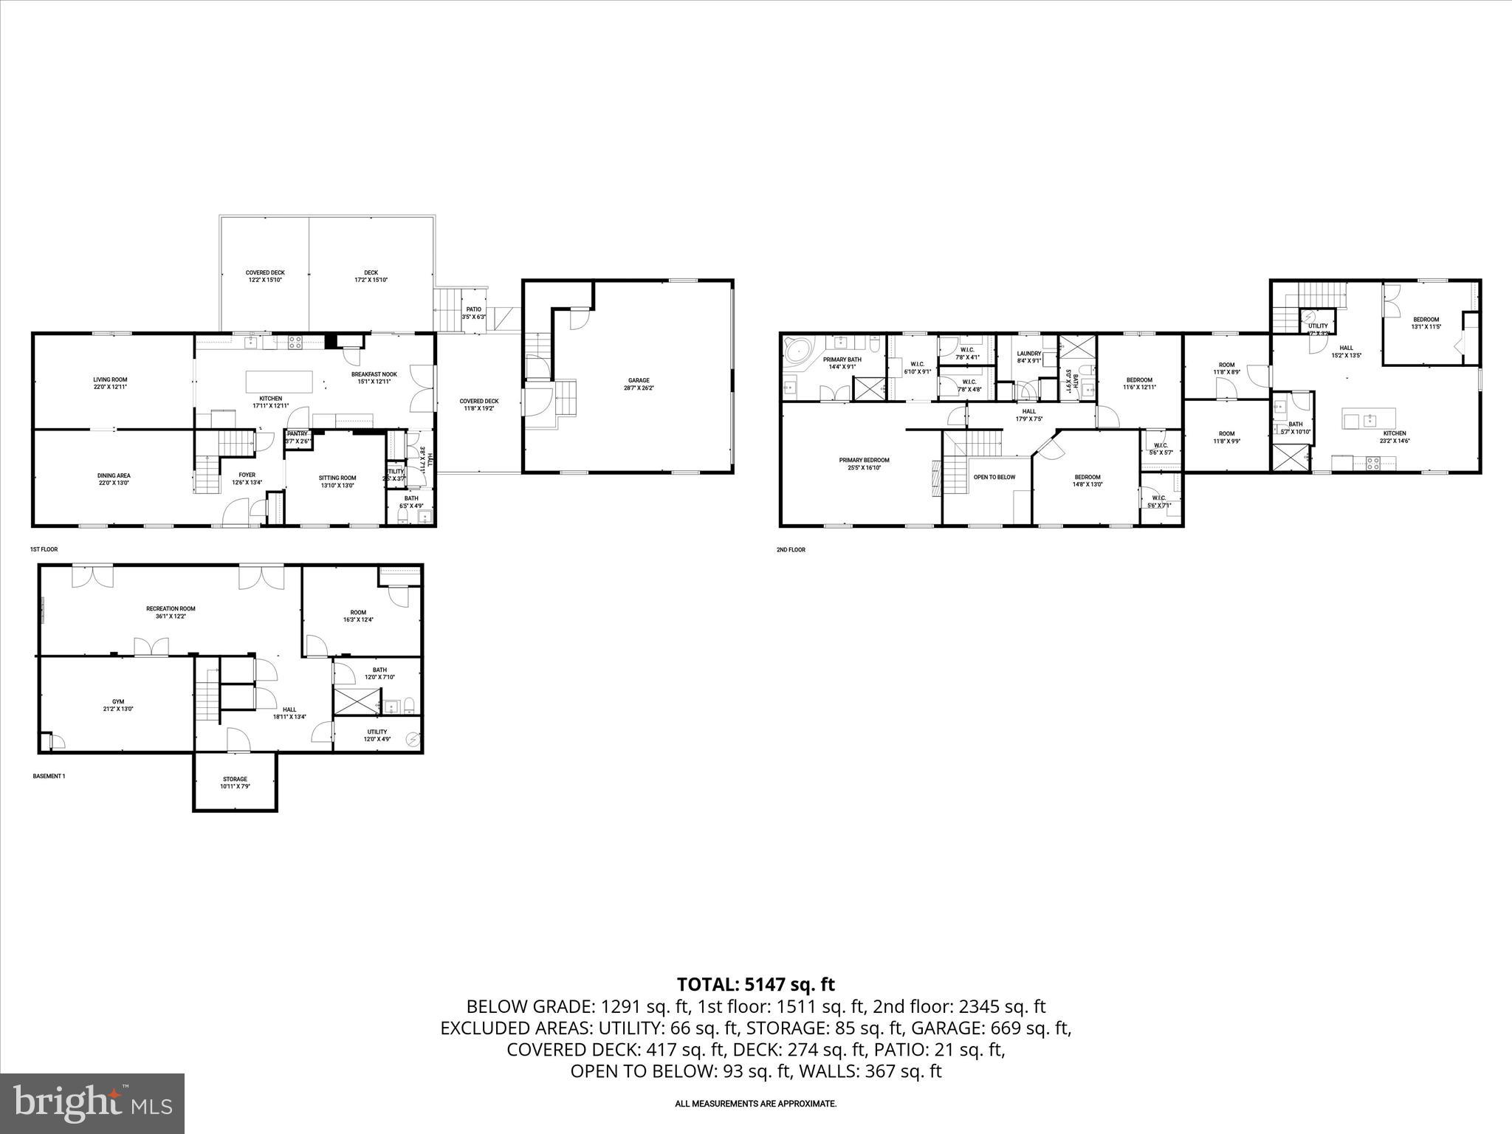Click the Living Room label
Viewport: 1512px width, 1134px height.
pyautogui.click(x=110, y=382)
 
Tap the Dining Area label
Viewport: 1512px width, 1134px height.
pyautogui.click(x=114, y=478)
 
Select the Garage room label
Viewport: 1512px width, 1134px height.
pyautogui.click(x=639, y=384)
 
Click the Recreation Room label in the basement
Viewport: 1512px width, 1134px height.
pyautogui.click(x=171, y=612)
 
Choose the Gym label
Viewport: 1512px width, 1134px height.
pyautogui.click(x=118, y=705)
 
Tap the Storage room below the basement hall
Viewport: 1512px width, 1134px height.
pyautogui.click(x=235, y=783)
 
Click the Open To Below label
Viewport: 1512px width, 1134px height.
pyautogui.click(x=994, y=477)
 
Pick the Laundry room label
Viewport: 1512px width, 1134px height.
pyautogui.click(x=1028, y=357)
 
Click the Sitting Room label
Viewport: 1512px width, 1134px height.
pyautogui.click(x=337, y=481)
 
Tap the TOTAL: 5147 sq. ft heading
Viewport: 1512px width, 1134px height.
pyautogui.click(x=755, y=984)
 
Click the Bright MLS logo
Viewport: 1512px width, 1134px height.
pyautogui.click(x=92, y=1103)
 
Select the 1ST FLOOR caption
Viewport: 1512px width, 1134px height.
pyautogui.click(x=44, y=549)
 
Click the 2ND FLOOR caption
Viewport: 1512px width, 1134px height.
pyautogui.click(x=791, y=549)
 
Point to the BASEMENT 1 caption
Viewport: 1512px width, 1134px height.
pyautogui.click(x=49, y=776)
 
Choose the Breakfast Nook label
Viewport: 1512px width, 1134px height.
pyautogui.click(x=374, y=377)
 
